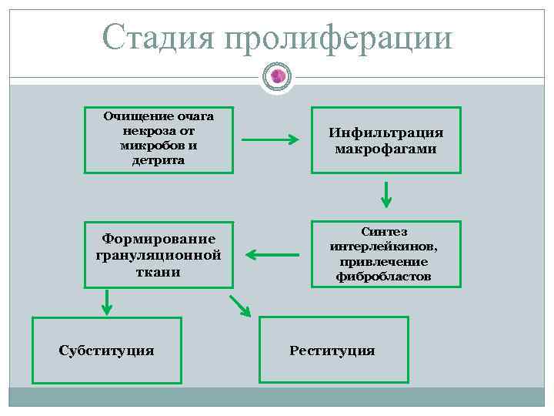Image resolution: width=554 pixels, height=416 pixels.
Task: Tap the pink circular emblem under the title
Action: (278, 75)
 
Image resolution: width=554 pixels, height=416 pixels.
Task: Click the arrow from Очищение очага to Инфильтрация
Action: (270, 140)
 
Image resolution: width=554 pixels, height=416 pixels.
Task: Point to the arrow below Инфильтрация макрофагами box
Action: (386, 194)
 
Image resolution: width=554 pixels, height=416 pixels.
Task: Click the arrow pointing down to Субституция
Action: (107, 301)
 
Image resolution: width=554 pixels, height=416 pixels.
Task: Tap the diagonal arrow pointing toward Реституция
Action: (241, 307)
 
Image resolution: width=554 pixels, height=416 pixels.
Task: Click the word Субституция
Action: (106, 351)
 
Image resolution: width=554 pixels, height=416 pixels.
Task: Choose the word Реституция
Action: (332, 351)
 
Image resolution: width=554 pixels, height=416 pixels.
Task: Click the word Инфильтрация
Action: (385, 133)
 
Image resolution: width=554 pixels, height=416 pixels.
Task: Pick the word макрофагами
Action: (385, 148)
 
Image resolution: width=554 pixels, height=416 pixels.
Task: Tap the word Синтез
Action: (385, 232)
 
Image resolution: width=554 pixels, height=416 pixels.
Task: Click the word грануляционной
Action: (159, 255)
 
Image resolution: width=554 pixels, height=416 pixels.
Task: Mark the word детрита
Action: (159, 160)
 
